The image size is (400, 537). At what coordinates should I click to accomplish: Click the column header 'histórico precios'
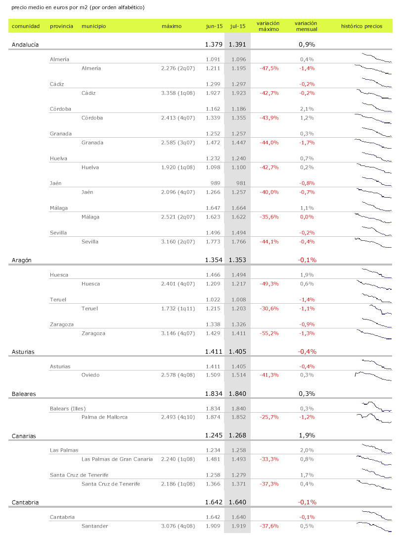click(361, 26)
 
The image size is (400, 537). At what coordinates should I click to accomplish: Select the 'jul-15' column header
click(238, 26)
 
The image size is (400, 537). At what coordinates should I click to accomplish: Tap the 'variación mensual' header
click(306, 26)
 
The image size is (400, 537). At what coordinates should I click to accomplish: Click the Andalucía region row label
click(25, 45)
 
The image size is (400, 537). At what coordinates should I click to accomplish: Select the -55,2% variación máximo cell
click(269, 333)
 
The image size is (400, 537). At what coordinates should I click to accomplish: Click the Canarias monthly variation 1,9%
click(307, 436)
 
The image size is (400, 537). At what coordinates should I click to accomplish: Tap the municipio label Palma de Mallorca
click(104, 417)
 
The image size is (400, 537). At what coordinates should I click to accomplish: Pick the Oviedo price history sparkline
click(373, 376)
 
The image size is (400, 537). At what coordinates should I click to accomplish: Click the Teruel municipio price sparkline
click(373, 309)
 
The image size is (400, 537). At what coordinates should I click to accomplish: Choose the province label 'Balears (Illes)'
click(68, 409)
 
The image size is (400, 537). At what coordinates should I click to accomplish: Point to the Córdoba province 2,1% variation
click(307, 109)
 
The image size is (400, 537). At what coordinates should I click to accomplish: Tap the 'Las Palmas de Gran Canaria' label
click(117, 459)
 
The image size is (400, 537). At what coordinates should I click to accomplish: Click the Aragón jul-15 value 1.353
click(237, 260)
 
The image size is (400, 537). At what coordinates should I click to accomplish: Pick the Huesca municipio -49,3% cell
click(269, 284)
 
